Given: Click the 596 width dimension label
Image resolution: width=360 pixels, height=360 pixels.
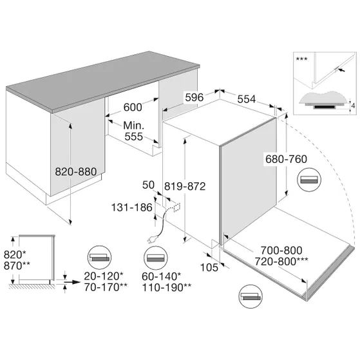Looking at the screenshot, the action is click(194, 97).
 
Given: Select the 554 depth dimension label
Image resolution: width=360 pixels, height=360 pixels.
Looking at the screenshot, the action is click(247, 99).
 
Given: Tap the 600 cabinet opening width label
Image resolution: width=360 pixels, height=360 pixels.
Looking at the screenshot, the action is click(133, 107).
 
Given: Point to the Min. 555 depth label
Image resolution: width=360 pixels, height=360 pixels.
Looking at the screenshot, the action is click(133, 131).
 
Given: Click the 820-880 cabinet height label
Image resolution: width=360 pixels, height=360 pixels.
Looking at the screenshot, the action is click(76, 172).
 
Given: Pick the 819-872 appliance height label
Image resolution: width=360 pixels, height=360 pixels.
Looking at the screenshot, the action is click(185, 186).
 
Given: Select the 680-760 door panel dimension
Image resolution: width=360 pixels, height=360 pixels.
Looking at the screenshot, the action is click(286, 159).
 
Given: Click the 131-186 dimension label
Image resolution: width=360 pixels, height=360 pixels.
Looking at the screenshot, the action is click(132, 207).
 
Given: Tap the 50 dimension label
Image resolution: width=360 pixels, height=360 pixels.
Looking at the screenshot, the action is click(148, 185).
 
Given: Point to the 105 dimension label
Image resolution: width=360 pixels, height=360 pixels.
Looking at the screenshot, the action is click(209, 267).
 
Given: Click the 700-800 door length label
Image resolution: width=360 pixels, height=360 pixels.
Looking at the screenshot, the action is click(281, 251).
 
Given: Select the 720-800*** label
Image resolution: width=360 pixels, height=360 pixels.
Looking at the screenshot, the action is click(281, 261).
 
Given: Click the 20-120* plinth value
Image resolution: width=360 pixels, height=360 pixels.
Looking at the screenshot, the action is click(104, 276).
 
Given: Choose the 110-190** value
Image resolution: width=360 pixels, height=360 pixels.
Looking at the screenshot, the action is click(167, 287).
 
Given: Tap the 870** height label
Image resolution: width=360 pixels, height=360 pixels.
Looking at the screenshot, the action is click(17, 265).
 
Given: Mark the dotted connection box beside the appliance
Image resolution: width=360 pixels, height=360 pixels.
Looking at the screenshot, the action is click(177, 207).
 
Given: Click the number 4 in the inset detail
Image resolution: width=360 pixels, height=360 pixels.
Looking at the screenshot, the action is click(353, 106).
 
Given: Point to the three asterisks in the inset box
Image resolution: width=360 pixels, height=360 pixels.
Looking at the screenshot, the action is click(301, 59).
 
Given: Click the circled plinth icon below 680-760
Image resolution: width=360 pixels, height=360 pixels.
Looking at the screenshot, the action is click(309, 180).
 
